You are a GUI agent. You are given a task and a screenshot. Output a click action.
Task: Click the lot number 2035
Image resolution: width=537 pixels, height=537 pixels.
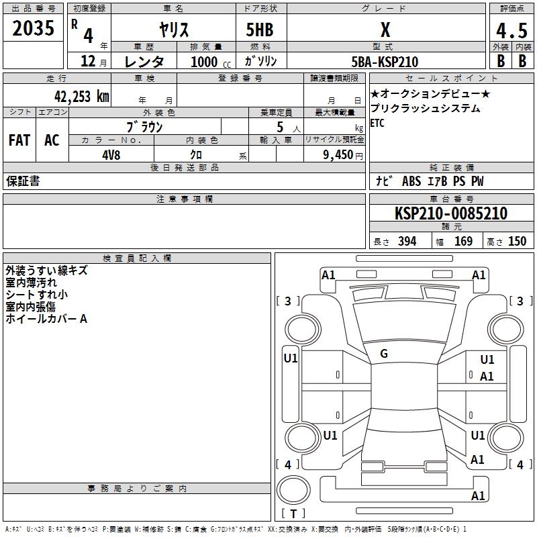pos(34,28)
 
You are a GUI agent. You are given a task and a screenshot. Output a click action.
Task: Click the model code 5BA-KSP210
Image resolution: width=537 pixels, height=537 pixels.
pos(384,62)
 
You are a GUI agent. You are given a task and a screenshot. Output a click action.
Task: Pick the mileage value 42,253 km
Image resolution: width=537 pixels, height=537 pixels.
pos(77,96)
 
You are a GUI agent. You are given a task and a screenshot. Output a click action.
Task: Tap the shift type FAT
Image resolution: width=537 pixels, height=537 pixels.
pos(19,140)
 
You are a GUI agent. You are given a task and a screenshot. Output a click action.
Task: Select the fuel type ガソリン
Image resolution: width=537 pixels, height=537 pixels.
pos(260,61)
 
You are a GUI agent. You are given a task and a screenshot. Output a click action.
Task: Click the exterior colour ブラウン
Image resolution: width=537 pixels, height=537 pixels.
pos(144,126)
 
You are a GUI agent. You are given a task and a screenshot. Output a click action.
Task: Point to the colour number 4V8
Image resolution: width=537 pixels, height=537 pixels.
pos(111,154)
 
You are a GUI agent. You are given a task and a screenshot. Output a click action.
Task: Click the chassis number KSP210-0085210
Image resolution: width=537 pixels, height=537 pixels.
pos(450,213)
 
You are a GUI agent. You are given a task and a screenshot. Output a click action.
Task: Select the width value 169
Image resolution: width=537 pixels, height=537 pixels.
pos(463,242)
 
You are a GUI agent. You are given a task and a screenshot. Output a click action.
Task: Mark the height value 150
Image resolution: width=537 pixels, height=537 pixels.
pos(517,242)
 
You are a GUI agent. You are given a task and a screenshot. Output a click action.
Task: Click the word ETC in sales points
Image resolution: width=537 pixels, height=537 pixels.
pos(378,124)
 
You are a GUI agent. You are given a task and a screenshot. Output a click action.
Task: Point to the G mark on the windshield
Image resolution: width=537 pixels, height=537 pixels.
pos(383,354)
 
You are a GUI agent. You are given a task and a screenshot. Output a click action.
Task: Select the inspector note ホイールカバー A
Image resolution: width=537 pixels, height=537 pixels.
pos(46,319)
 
